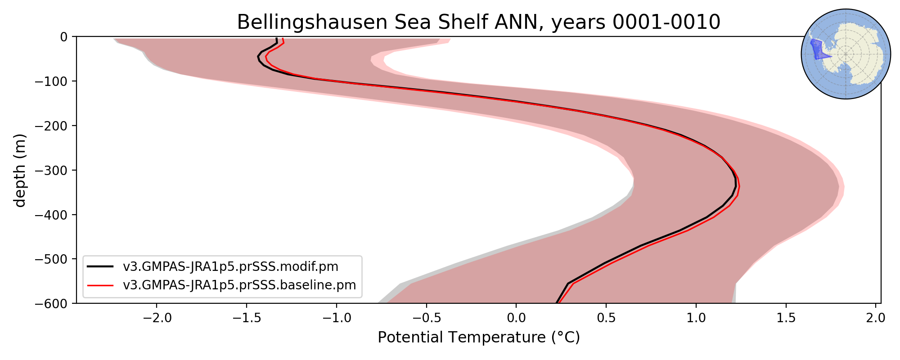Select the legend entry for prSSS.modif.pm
click(230, 266)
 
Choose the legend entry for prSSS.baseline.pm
click(239, 285)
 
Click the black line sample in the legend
click(100, 266)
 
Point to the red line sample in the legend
click(100, 285)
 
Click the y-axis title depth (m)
click(20, 170)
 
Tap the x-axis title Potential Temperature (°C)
click(478, 337)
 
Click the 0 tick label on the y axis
click(63, 36)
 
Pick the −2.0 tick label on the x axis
click(156, 318)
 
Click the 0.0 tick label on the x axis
click(516, 318)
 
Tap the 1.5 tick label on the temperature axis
click(786, 318)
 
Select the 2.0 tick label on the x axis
click(876, 318)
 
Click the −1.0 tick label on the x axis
click(336, 318)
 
